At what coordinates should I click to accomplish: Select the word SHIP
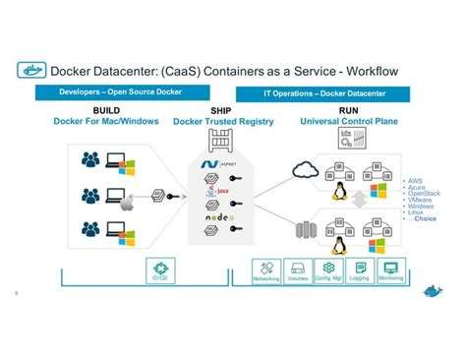tap(220, 111)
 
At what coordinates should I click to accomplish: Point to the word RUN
tap(349, 111)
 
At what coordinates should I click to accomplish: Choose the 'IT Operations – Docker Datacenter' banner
tap(340, 92)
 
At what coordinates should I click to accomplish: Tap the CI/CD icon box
tap(159, 270)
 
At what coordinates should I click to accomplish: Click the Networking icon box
tap(265, 270)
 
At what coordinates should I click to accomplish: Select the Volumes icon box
tap(297, 270)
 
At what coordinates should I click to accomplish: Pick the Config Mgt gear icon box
tap(328, 270)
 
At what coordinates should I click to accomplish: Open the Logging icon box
tap(360, 270)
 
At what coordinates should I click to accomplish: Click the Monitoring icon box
tap(390, 270)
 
